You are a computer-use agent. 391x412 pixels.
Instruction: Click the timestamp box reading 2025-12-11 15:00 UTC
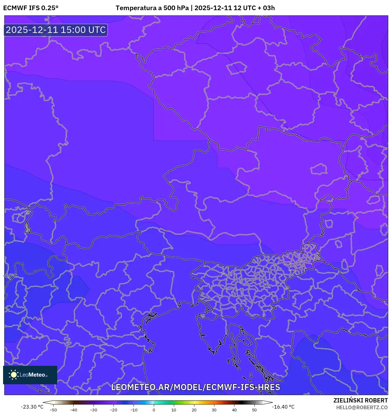(56, 30)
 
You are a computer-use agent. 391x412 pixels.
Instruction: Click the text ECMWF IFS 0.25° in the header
(31, 8)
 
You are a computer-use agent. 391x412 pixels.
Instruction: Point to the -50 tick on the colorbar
(53, 410)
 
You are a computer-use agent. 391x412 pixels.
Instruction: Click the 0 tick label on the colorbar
(154, 410)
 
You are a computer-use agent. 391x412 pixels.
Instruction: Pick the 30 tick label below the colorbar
(214, 410)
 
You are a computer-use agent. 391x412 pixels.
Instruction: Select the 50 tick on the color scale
(254, 410)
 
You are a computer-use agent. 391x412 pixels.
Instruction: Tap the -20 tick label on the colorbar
(114, 410)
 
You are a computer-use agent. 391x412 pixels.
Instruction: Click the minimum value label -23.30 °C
(32, 407)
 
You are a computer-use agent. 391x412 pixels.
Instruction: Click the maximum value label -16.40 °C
(283, 407)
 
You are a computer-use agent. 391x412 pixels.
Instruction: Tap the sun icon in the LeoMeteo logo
(14, 375)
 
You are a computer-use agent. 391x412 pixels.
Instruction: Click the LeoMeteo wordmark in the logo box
(33, 375)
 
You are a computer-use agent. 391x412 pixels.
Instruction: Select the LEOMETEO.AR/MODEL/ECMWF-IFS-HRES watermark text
(196, 387)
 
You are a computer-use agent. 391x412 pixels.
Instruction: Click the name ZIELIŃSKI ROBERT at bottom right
(361, 400)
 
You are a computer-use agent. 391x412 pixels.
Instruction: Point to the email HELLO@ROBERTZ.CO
(362, 407)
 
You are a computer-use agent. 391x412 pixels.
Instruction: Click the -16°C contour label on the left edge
(10, 276)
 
